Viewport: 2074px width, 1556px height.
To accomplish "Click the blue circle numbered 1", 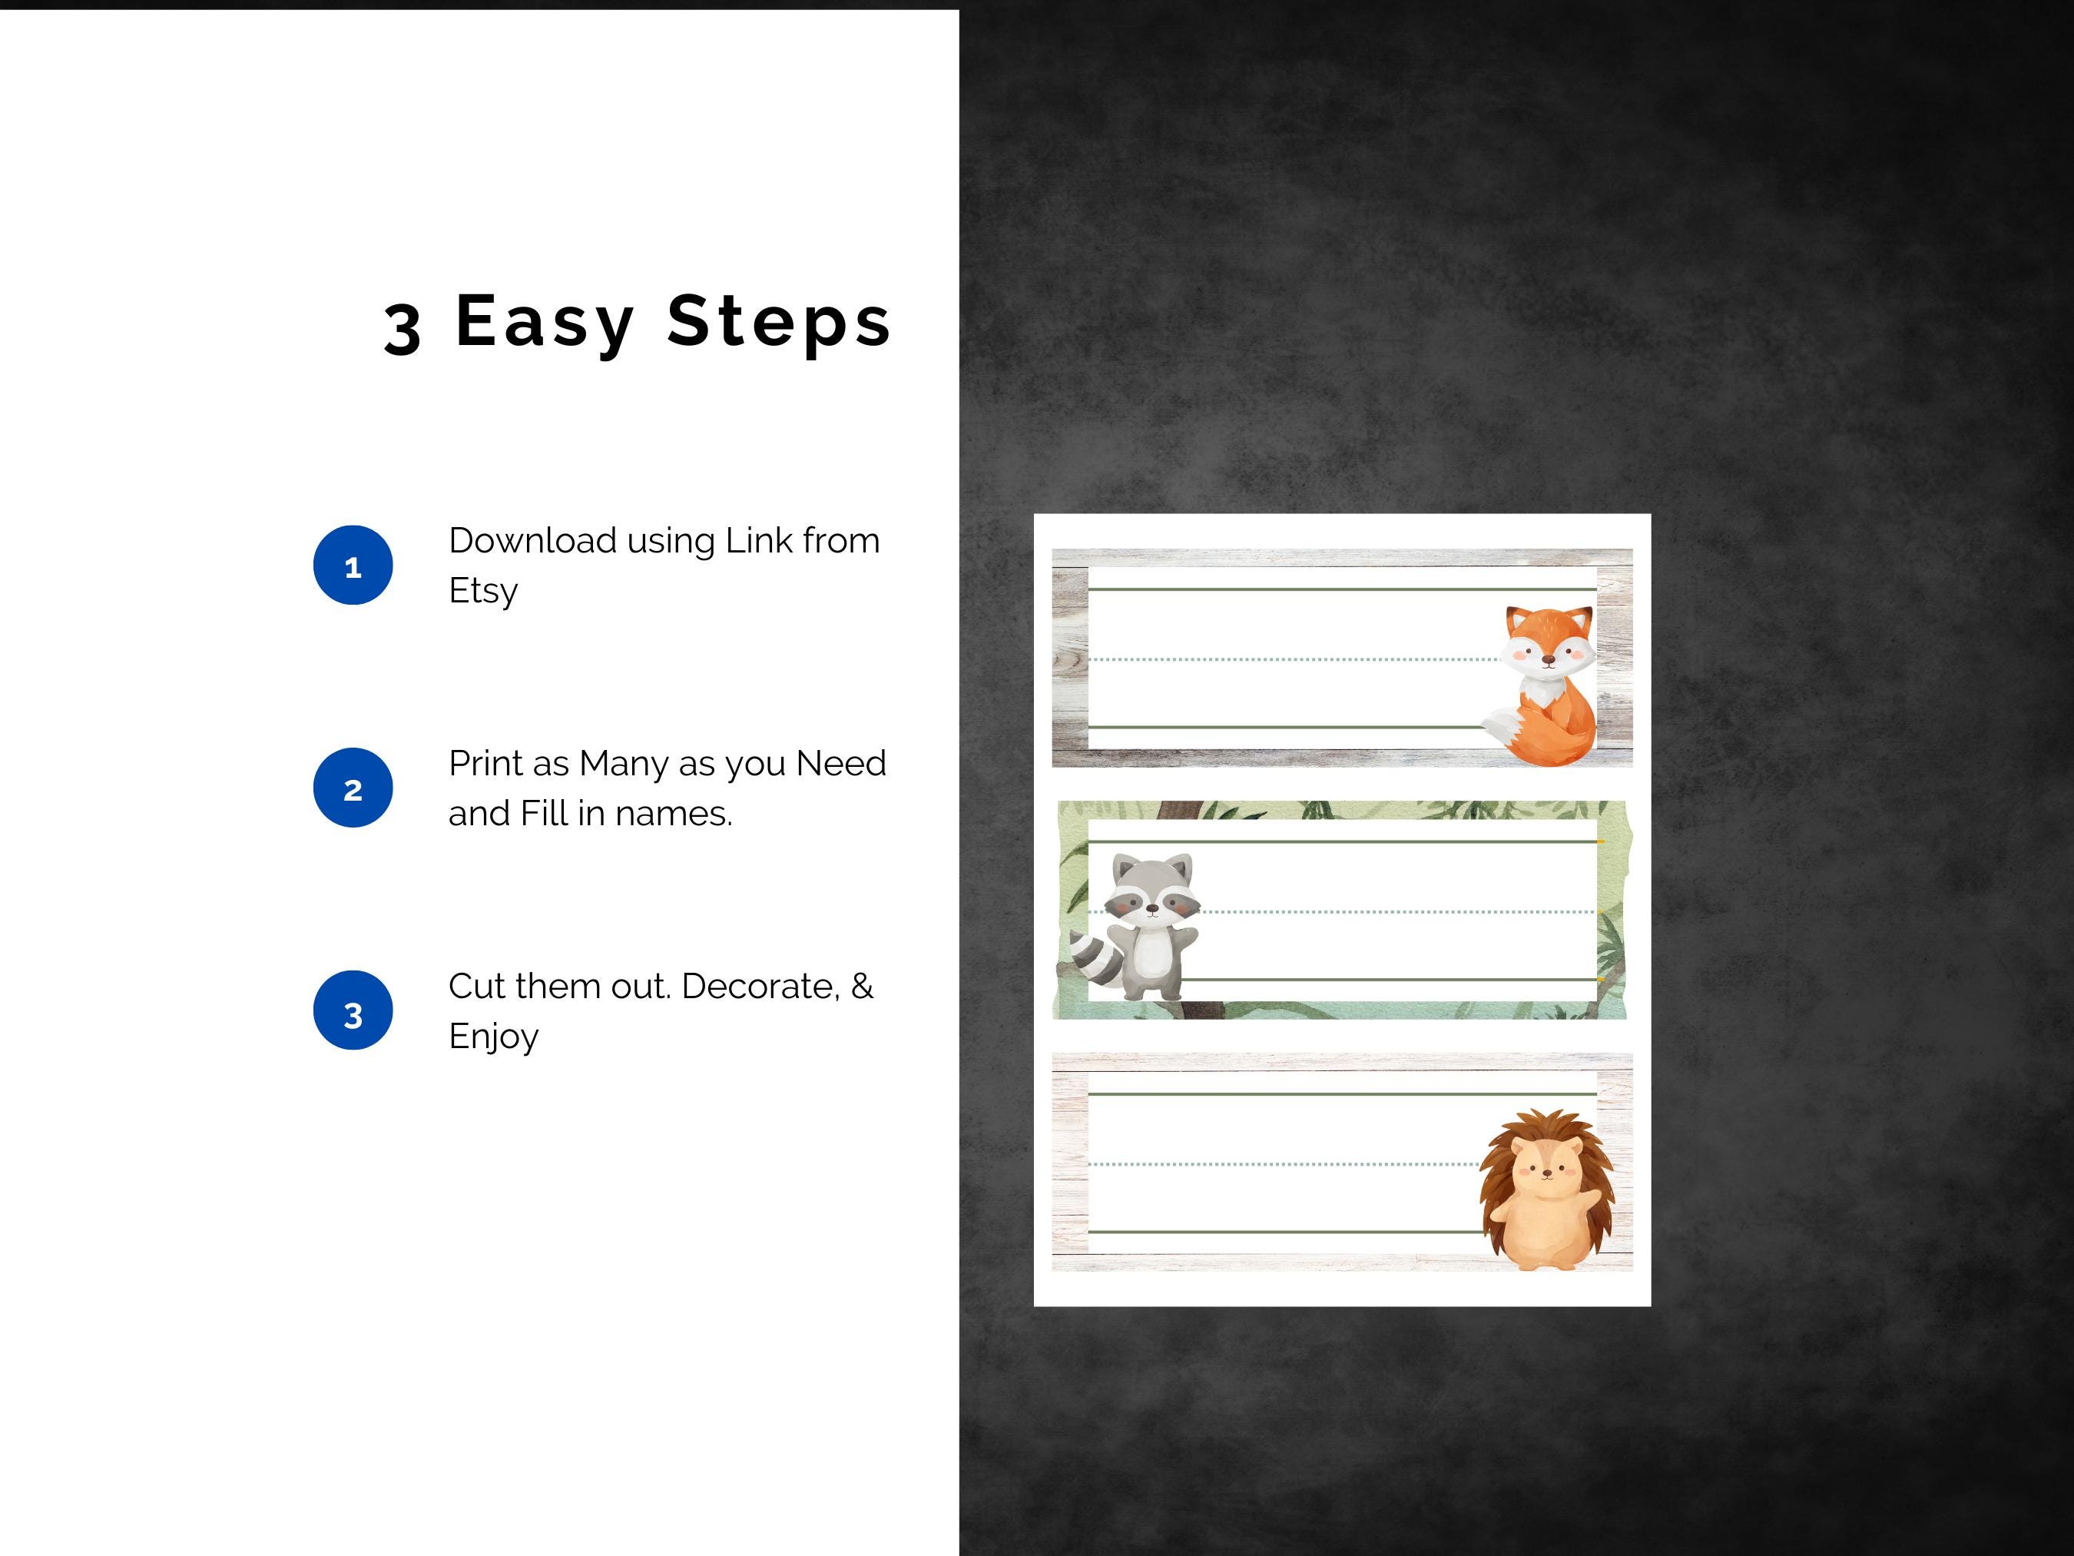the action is point(353,565).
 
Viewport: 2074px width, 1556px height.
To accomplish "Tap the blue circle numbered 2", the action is point(353,788).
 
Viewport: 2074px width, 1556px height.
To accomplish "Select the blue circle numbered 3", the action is point(353,1010).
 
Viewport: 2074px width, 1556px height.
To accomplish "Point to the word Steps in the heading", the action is point(778,322).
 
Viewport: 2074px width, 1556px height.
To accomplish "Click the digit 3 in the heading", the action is point(403,328).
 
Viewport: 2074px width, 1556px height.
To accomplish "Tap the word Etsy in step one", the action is point(483,592).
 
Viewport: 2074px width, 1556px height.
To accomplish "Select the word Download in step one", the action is point(532,540).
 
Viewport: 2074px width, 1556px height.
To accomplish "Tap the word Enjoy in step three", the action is point(493,1037).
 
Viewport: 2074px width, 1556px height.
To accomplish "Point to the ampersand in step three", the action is point(862,986).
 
